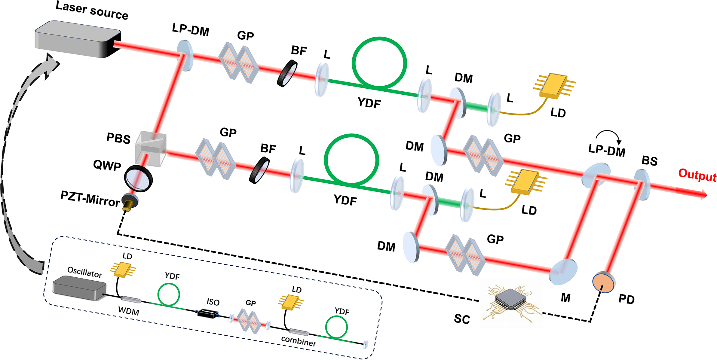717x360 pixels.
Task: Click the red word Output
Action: (697, 175)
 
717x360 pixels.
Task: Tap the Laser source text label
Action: (92, 11)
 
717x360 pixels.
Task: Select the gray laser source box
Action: (78, 39)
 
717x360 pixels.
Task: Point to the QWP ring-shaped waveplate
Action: (138, 178)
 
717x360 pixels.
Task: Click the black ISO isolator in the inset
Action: (207, 313)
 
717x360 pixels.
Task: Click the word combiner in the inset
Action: (298, 341)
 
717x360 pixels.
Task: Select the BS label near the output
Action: (649, 161)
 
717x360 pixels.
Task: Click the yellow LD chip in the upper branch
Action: (553, 86)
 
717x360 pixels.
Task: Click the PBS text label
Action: (118, 139)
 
